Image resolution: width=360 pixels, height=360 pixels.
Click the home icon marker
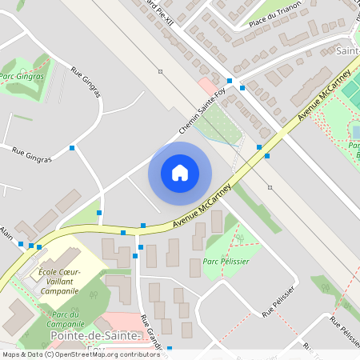tap(180, 173)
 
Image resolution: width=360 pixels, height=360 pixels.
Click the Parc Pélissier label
tap(226, 262)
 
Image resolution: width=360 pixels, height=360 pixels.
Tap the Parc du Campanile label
tap(66, 319)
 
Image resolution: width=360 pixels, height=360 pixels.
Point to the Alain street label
tap(7, 232)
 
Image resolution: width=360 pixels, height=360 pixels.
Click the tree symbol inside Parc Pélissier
tap(237, 237)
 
